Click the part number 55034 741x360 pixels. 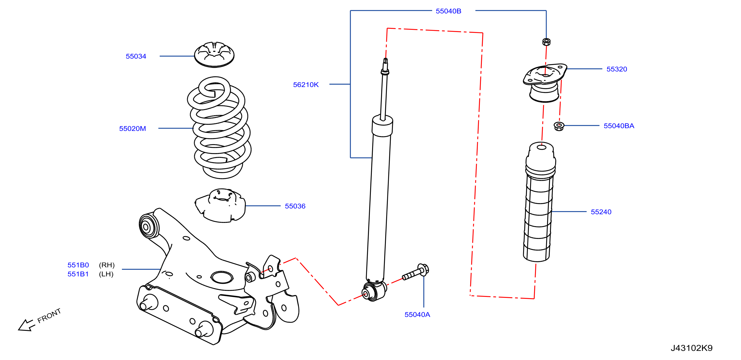coord(136,57)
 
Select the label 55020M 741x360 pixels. coord(132,129)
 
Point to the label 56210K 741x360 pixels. coord(306,85)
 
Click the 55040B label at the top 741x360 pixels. coord(448,11)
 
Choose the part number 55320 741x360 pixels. coord(617,69)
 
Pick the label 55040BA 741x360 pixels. coord(619,126)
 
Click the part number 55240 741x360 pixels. coord(601,212)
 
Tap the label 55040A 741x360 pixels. coord(417,315)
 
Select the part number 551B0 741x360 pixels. coord(78,265)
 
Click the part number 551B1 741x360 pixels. coord(78,274)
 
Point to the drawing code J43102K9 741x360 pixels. coord(692,348)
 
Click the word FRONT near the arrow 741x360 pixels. coord(49,315)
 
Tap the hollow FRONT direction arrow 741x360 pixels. coord(26,325)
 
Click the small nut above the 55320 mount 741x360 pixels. coord(546,42)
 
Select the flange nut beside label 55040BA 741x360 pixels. coord(559,126)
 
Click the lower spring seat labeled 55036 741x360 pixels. coord(220,205)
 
